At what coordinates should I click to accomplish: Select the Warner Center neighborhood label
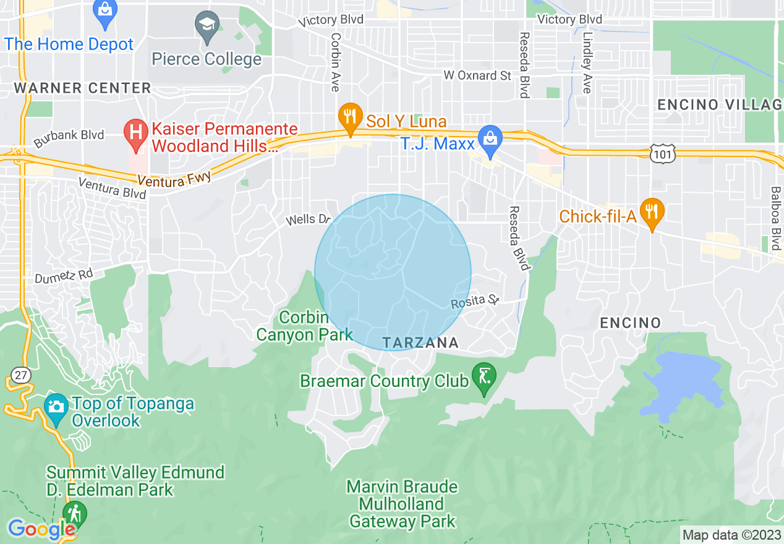click(82, 88)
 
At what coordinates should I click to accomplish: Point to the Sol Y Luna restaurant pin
click(351, 116)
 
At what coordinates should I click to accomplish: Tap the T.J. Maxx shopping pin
click(490, 139)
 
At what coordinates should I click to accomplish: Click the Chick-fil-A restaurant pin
click(652, 211)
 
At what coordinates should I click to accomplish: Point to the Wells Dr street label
click(309, 220)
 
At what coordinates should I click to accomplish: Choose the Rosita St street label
click(475, 302)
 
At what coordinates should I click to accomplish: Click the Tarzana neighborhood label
click(420, 342)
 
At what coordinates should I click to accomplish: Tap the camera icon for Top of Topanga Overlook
click(56, 407)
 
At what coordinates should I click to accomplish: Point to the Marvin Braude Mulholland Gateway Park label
click(403, 504)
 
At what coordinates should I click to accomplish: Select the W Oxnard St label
click(478, 75)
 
